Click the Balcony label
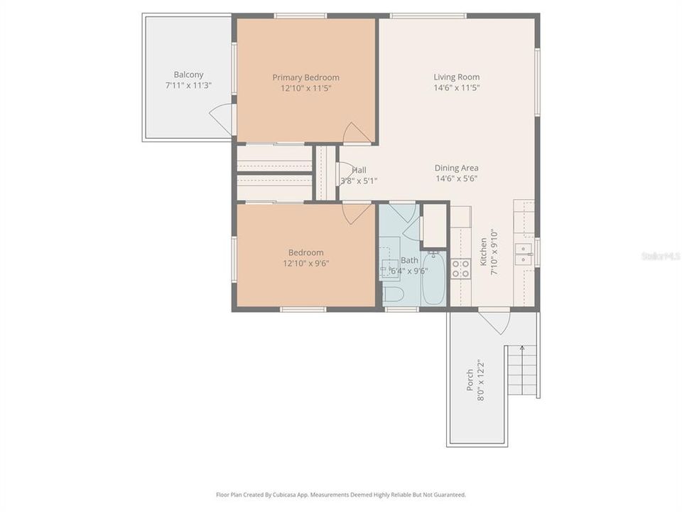[x=188, y=75]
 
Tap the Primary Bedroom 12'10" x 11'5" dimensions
[x=305, y=88]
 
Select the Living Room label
[x=456, y=77]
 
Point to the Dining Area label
[x=456, y=168]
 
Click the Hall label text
[x=359, y=171]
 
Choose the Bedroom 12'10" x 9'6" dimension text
[x=305, y=263]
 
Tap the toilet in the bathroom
[x=393, y=294]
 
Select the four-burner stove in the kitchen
[x=460, y=268]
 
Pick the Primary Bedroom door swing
[x=355, y=133]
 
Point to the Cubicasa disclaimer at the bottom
[x=341, y=494]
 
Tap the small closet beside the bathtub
[x=434, y=226]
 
